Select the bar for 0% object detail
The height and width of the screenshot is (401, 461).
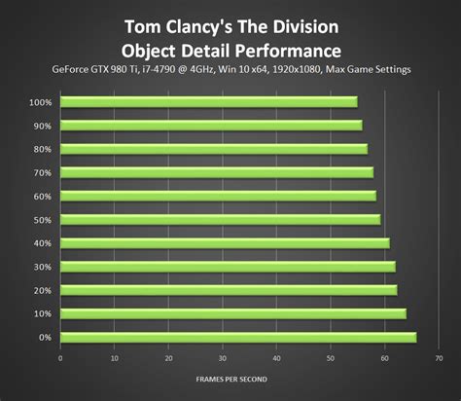[237, 337]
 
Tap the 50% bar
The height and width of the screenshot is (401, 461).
[220, 219]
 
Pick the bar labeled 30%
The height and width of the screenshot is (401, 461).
[228, 266]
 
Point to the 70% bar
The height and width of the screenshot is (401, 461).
[216, 172]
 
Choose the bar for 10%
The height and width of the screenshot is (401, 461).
[232, 313]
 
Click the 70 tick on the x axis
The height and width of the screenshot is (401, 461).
[439, 358]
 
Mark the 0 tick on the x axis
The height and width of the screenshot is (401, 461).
[60, 358]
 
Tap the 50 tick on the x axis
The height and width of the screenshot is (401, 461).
[331, 358]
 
